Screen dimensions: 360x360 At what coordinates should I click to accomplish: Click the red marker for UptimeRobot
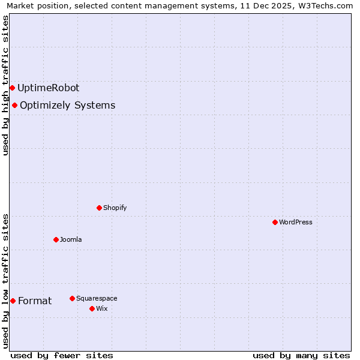click(12, 88)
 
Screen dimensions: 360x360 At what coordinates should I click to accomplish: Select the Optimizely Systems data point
click(14, 106)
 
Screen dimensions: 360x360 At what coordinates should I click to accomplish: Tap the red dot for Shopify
click(99, 208)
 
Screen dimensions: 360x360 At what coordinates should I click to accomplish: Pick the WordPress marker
click(275, 222)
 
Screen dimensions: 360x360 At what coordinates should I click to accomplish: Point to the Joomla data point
click(56, 239)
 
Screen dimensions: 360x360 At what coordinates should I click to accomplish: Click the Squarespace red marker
click(72, 298)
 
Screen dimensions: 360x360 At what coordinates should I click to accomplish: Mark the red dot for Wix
click(92, 308)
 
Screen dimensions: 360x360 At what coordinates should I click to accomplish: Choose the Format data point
click(13, 301)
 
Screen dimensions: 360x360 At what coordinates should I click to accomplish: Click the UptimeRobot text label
click(48, 88)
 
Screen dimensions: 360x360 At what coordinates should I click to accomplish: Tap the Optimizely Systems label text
click(67, 106)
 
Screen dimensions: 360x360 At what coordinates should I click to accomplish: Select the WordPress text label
click(295, 222)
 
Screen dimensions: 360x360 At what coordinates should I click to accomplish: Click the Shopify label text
click(115, 208)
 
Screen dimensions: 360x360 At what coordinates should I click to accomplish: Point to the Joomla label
click(71, 239)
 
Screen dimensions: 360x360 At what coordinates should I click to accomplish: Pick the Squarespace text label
click(97, 298)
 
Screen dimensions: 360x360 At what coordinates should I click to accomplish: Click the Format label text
click(35, 301)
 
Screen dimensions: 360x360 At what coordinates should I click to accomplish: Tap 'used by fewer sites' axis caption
click(62, 355)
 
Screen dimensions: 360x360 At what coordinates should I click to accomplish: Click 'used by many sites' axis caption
click(301, 355)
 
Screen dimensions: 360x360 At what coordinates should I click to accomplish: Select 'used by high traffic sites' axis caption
click(5, 85)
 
